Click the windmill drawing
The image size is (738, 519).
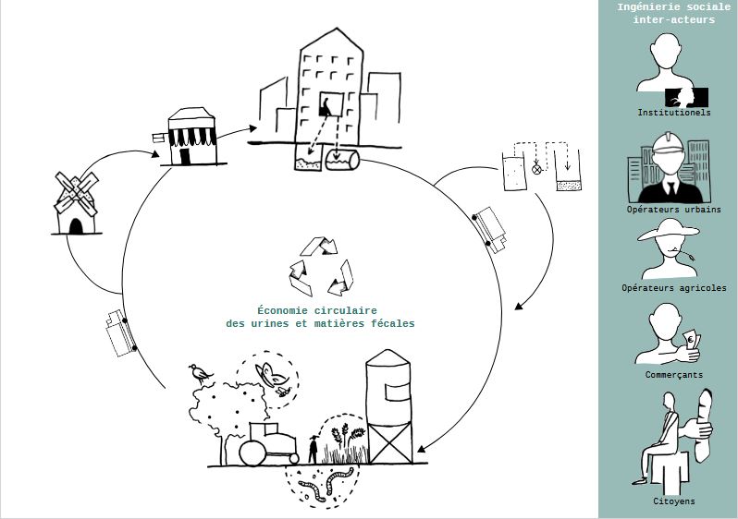click(76, 203)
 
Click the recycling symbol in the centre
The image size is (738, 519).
click(321, 266)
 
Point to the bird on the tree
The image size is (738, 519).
click(200, 373)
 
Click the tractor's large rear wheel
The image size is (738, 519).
click(253, 453)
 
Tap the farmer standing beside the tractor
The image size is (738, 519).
click(313, 449)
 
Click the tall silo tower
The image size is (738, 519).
click(389, 406)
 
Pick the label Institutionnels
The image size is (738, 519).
click(674, 113)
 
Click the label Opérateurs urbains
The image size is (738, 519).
click(673, 210)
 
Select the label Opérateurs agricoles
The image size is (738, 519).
click(674, 288)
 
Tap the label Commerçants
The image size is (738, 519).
click(674, 375)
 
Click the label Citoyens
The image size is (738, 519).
click(674, 501)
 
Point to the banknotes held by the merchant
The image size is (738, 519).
click(693, 341)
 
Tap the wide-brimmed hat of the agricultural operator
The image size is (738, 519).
click(669, 230)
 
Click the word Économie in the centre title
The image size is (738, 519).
click(279, 310)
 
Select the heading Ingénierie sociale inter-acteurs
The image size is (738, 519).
click(674, 13)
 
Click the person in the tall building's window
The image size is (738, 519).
click(326, 106)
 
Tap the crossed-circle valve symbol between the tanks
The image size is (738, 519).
click(536, 169)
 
